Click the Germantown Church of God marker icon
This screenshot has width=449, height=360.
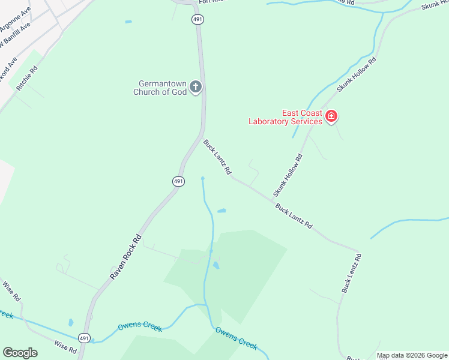(195, 88)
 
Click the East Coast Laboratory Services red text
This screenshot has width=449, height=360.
(286, 117)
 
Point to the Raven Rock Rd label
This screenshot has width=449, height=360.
(125, 256)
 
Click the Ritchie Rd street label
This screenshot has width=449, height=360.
(27, 78)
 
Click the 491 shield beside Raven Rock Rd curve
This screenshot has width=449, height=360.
(178, 181)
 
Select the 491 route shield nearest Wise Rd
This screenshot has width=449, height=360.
(85, 338)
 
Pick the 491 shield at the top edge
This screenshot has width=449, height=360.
(198, 20)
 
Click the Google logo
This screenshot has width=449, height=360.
(20, 353)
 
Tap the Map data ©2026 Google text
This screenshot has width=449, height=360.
(411, 355)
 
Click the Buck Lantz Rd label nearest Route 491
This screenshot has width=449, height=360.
(217, 157)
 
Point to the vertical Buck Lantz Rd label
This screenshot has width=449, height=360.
(352, 274)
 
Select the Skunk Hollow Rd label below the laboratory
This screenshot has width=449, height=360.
(288, 175)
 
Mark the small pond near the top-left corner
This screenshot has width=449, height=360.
(128, 22)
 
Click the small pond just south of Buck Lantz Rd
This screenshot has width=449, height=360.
(221, 211)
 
